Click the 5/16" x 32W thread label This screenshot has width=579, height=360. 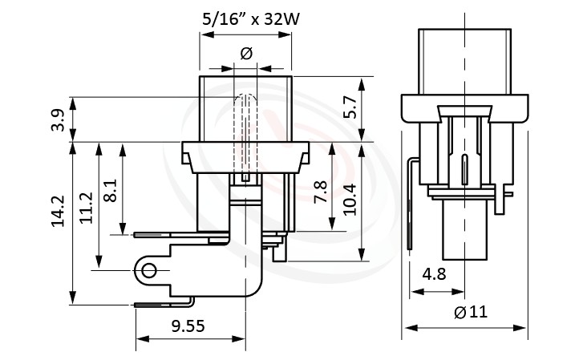tap(245, 20)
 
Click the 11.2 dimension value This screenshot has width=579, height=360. tap(86, 207)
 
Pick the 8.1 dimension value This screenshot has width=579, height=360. tap(111, 191)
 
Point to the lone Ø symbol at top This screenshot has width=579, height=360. tap(246, 53)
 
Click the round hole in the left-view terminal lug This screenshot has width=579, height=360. tap(148, 271)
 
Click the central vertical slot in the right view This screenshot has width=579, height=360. tap(465, 169)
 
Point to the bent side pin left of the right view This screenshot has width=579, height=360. tap(411, 204)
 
